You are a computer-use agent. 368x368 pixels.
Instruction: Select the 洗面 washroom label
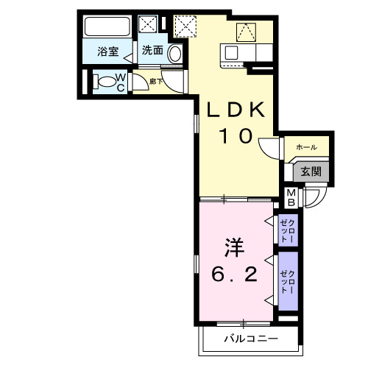click(x=152, y=51)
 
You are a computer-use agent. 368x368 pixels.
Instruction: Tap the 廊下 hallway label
click(x=155, y=82)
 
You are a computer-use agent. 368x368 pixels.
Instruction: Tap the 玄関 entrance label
click(x=309, y=171)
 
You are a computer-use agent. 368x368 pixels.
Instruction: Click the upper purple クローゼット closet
click(x=288, y=230)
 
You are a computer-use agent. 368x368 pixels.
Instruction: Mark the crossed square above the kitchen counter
click(x=245, y=31)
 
